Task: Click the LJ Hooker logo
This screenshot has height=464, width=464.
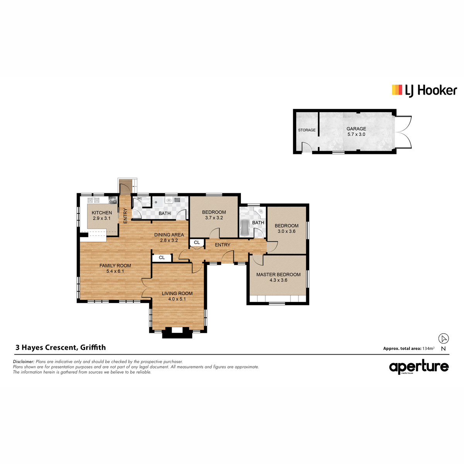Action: (x=424, y=90)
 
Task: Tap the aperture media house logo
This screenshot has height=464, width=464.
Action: (x=419, y=367)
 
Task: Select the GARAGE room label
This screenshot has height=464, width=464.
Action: (x=356, y=129)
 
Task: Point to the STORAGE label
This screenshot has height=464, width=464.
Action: (x=307, y=130)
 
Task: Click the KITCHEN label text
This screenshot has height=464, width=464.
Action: (x=102, y=213)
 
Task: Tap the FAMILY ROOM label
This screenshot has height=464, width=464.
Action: (x=115, y=266)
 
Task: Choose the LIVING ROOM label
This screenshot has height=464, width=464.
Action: (x=177, y=293)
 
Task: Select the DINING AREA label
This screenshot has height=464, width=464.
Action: (x=169, y=235)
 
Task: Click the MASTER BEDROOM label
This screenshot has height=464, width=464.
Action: (x=278, y=275)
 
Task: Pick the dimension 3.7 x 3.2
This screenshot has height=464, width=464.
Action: (x=214, y=218)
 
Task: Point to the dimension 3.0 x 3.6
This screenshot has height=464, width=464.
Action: (x=286, y=231)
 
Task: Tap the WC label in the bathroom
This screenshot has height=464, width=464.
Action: (x=140, y=198)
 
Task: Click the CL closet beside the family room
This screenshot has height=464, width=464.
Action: (x=162, y=258)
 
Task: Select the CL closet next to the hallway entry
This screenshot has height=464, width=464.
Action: (x=197, y=242)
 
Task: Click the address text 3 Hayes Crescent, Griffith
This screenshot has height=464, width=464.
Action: (x=61, y=348)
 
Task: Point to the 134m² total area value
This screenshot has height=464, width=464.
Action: (x=428, y=348)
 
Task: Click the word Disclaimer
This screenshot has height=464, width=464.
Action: (x=24, y=362)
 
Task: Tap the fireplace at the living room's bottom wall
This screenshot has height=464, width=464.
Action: (x=177, y=333)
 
